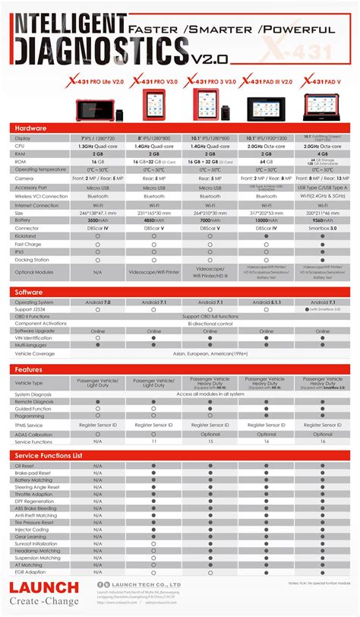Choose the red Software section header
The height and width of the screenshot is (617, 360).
tap(30, 292)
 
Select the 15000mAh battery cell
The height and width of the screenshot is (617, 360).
tap(265, 220)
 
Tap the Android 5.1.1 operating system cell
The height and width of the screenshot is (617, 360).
tap(265, 302)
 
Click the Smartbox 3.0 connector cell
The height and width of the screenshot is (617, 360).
tap(322, 227)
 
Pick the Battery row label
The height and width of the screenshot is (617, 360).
tap(24, 220)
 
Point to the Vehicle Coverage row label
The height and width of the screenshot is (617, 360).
tap(35, 353)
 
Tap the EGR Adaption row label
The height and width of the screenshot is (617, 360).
tap(29, 571)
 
